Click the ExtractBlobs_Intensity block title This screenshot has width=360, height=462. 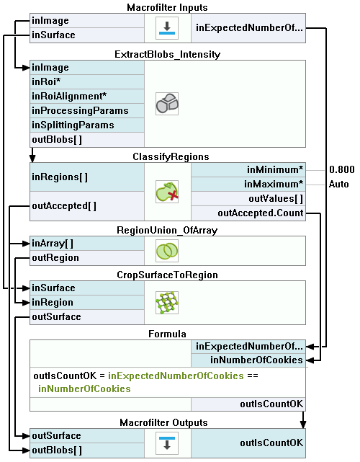(167, 55)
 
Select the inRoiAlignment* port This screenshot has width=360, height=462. (87, 97)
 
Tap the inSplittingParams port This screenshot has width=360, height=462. (87, 125)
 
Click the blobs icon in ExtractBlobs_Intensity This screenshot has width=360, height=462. (167, 104)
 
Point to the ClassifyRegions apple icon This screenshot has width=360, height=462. (167, 192)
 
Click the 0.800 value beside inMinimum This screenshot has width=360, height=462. (342, 169)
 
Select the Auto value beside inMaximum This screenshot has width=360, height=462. (339, 185)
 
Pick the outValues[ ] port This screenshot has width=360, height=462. (248, 199)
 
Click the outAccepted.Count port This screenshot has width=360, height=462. (248, 213)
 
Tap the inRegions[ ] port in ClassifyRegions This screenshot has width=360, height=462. (87, 177)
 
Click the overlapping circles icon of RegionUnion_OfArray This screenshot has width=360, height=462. (167, 251)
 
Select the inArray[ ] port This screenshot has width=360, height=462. (87, 244)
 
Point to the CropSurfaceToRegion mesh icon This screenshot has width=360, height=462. (167, 303)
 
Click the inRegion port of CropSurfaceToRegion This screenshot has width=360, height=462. (87, 303)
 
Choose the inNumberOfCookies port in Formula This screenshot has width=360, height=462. (248, 360)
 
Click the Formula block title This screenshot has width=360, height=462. (167, 334)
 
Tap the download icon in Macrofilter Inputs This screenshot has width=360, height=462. (167, 28)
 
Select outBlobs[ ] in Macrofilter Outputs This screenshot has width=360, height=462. (87, 450)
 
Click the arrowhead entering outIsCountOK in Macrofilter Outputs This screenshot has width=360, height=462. (303, 425)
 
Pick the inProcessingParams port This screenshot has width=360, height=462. (87, 111)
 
